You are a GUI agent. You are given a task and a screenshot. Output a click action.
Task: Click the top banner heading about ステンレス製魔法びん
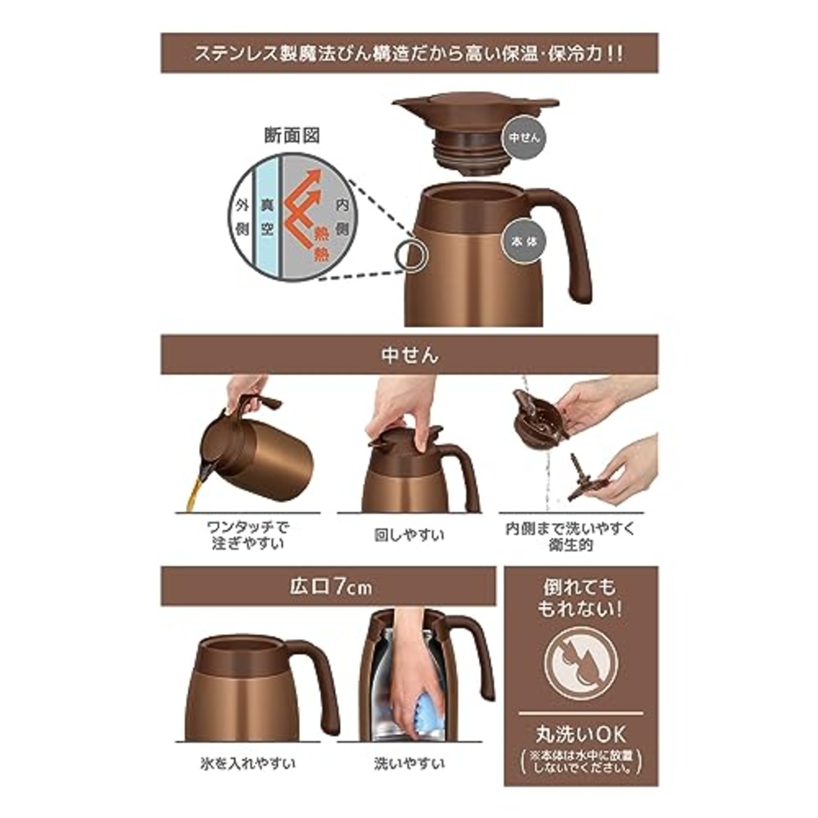409,53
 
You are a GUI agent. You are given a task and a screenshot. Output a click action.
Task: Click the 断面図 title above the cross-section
291,136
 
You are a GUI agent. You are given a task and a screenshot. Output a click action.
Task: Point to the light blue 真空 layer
267,217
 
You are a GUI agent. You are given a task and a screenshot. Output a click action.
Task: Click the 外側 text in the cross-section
242,217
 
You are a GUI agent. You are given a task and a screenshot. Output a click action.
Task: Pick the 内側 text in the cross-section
341,217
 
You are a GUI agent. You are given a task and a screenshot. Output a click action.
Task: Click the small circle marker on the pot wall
410,256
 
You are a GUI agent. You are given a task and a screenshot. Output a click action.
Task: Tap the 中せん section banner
409,355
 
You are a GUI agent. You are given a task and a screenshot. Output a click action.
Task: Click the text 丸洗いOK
581,733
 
